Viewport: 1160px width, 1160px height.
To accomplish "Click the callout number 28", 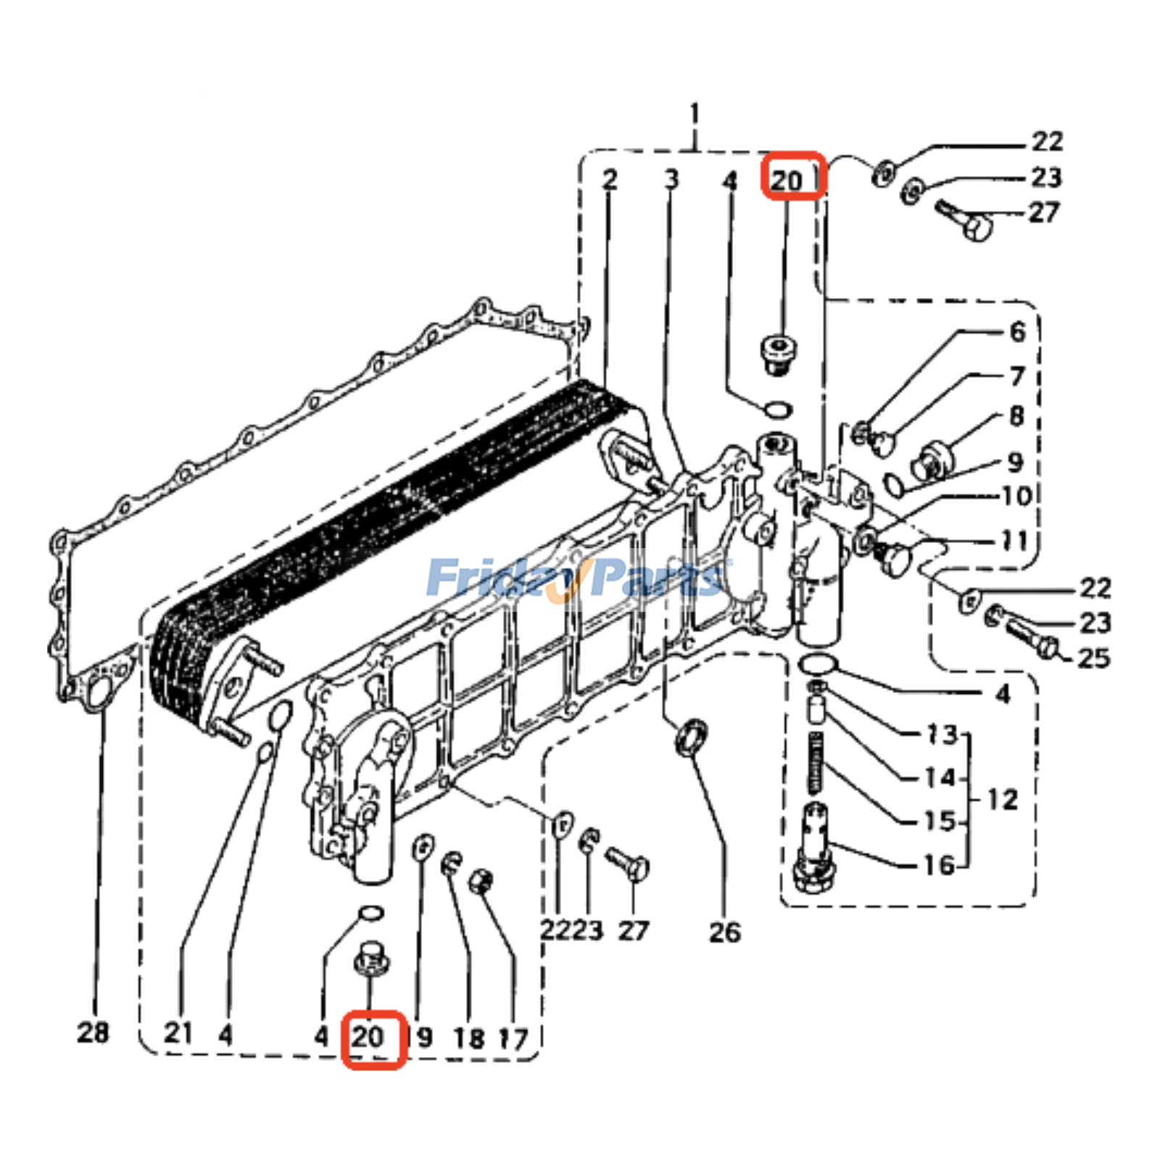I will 93,1032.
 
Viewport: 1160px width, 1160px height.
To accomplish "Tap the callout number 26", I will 725,932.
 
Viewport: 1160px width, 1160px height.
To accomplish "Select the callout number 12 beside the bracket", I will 1003,800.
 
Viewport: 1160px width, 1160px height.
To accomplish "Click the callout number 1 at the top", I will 695,115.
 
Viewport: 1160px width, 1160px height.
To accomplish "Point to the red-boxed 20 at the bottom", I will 373,1039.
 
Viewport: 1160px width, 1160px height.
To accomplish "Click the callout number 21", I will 178,1032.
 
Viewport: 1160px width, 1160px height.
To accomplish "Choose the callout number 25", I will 1093,658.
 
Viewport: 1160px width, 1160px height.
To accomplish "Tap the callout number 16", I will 940,864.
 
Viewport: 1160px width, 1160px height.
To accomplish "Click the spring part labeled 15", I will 816,765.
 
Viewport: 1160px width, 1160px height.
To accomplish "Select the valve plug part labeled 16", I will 815,848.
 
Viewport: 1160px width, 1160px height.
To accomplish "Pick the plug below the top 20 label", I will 779,355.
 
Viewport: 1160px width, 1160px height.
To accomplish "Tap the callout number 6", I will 1017,332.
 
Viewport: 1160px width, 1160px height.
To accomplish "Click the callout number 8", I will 1016,416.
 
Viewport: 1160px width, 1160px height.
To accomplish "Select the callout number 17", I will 513,1039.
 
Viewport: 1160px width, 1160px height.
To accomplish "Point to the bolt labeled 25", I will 1029,638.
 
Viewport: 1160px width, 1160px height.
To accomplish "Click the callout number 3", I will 672,178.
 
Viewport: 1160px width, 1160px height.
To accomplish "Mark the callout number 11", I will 1014,540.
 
